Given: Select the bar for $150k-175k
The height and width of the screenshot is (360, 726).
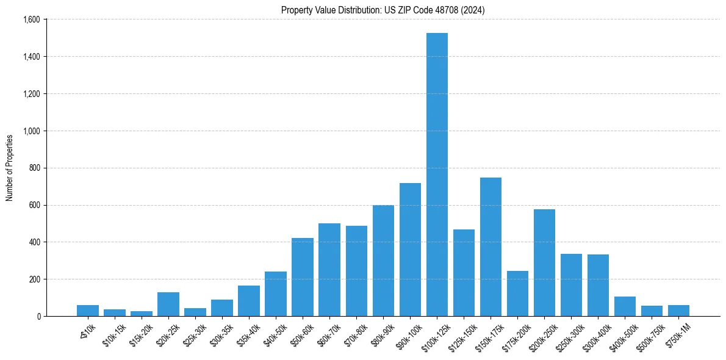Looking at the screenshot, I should [x=491, y=247].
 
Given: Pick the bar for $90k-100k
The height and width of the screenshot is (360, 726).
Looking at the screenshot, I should [x=410, y=250].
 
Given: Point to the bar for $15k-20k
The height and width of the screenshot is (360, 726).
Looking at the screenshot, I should [x=142, y=314].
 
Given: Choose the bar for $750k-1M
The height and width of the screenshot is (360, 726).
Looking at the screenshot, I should [x=678, y=311].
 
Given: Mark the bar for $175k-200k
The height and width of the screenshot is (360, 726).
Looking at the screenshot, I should [x=517, y=293].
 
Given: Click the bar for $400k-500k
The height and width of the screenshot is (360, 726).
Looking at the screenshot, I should [x=625, y=306].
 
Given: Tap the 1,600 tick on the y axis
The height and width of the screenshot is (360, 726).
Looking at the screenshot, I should [x=31, y=20].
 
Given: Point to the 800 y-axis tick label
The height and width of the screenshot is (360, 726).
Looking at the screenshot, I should [x=34, y=168].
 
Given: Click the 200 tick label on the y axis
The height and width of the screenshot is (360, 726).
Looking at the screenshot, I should [x=34, y=279].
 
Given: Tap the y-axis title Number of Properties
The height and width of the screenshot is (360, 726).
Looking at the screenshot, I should [x=10, y=168].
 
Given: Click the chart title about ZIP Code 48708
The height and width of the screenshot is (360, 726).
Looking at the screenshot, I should [x=383, y=10].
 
